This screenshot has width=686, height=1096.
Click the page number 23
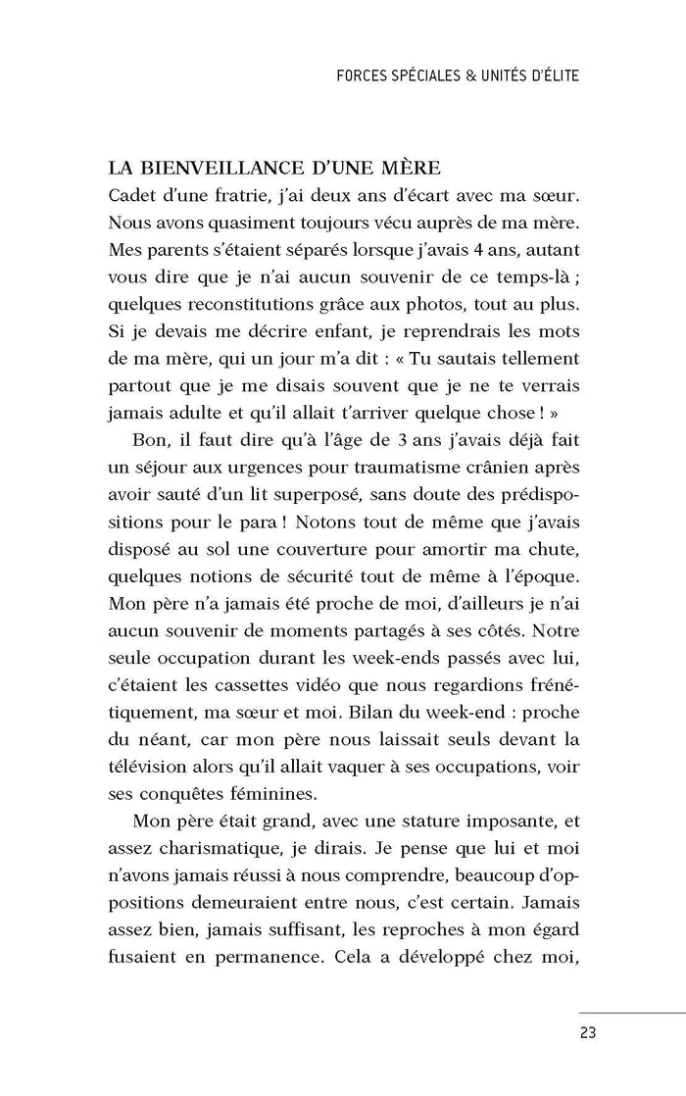(x=588, y=1031)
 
